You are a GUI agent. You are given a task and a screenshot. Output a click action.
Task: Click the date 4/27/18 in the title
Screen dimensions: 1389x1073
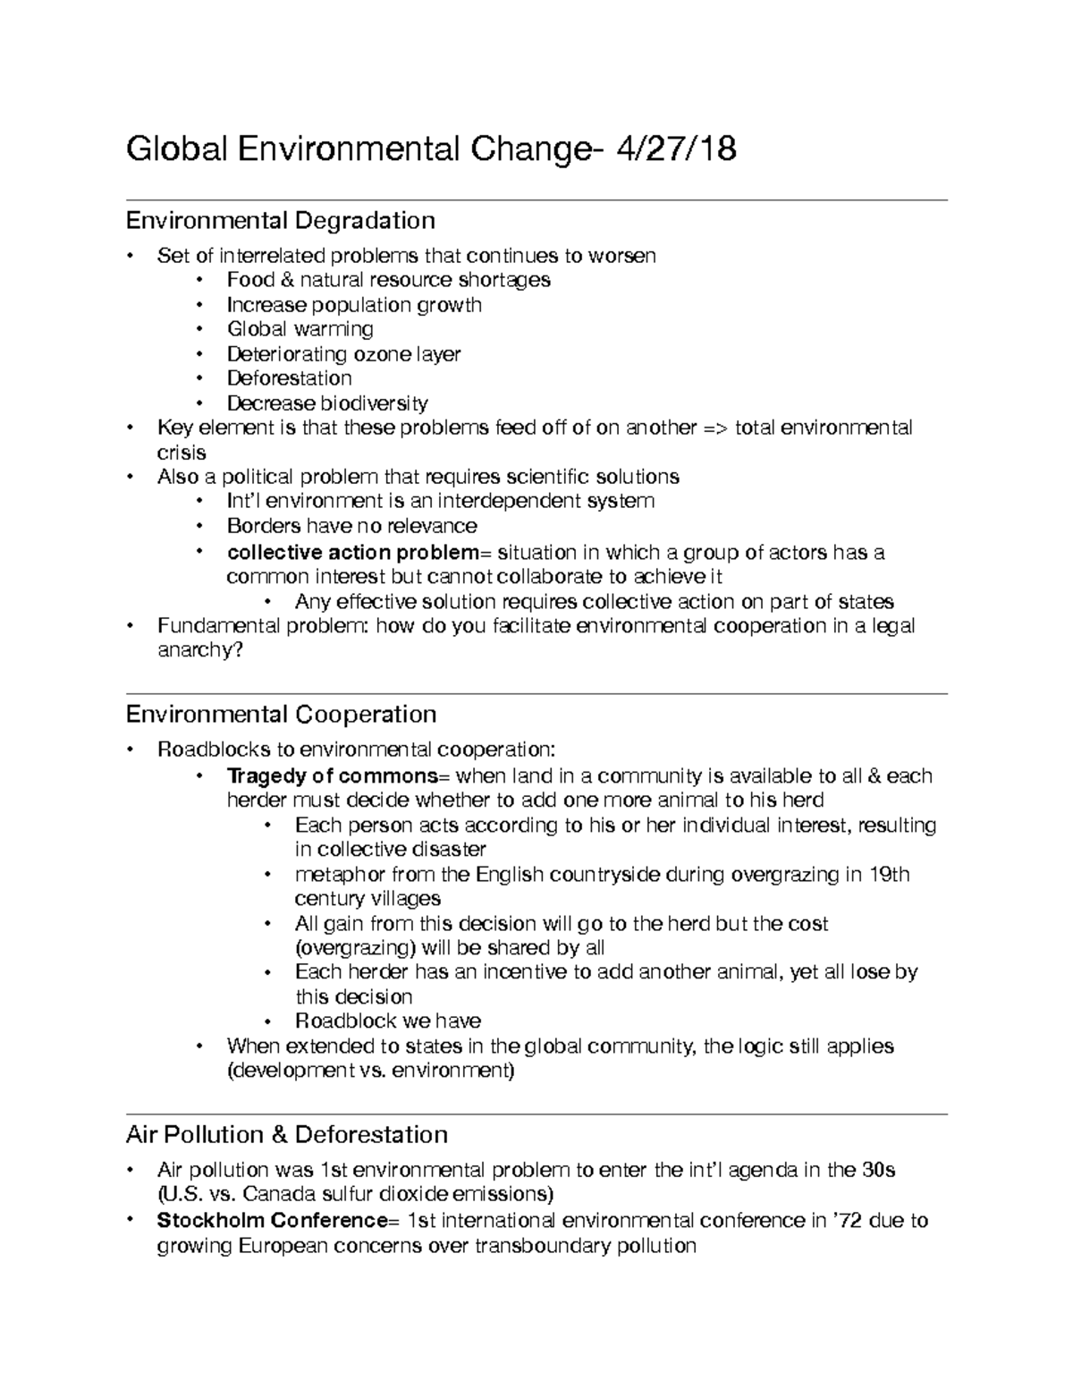pyautogui.click(x=674, y=148)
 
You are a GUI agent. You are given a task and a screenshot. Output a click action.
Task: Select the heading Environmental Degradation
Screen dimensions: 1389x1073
pyautogui.click(x=280, y=220)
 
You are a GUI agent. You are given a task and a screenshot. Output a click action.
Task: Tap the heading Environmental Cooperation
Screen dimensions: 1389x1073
pyautogui.click(x=281, y=715)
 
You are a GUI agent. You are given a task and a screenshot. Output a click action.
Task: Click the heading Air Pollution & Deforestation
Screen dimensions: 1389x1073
pyautogui.click(x=286, y=1135)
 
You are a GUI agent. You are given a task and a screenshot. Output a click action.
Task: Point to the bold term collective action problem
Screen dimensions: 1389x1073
pyautogui.click(x=353, y=553)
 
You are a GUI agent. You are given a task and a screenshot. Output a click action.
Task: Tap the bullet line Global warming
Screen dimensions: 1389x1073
pyautogui.click(x=300, y=329)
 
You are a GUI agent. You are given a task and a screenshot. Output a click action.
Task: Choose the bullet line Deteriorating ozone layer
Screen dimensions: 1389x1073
pyautogui.click(x=343, y=354)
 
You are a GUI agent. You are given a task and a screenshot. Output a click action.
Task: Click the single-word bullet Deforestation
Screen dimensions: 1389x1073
pyautogui.click(x=289, y=378)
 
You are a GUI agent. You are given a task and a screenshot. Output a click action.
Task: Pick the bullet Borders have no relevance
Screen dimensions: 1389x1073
pyautogui.click(x=351, y=526)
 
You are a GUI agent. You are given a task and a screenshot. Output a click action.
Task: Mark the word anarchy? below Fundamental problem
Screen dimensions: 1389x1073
pyautogui.click(x=199, y=650)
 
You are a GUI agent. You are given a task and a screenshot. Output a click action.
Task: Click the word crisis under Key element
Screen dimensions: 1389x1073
pyautogui.click(x=182, y=453)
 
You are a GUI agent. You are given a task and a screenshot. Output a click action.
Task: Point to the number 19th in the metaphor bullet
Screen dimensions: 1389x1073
pyautogui.click(x=889, y=874)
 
